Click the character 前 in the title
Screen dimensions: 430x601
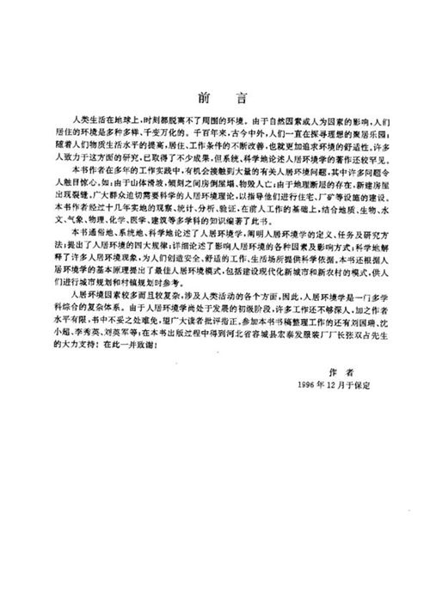click(198, 97)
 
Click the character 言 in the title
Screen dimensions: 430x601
click(230, 97)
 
